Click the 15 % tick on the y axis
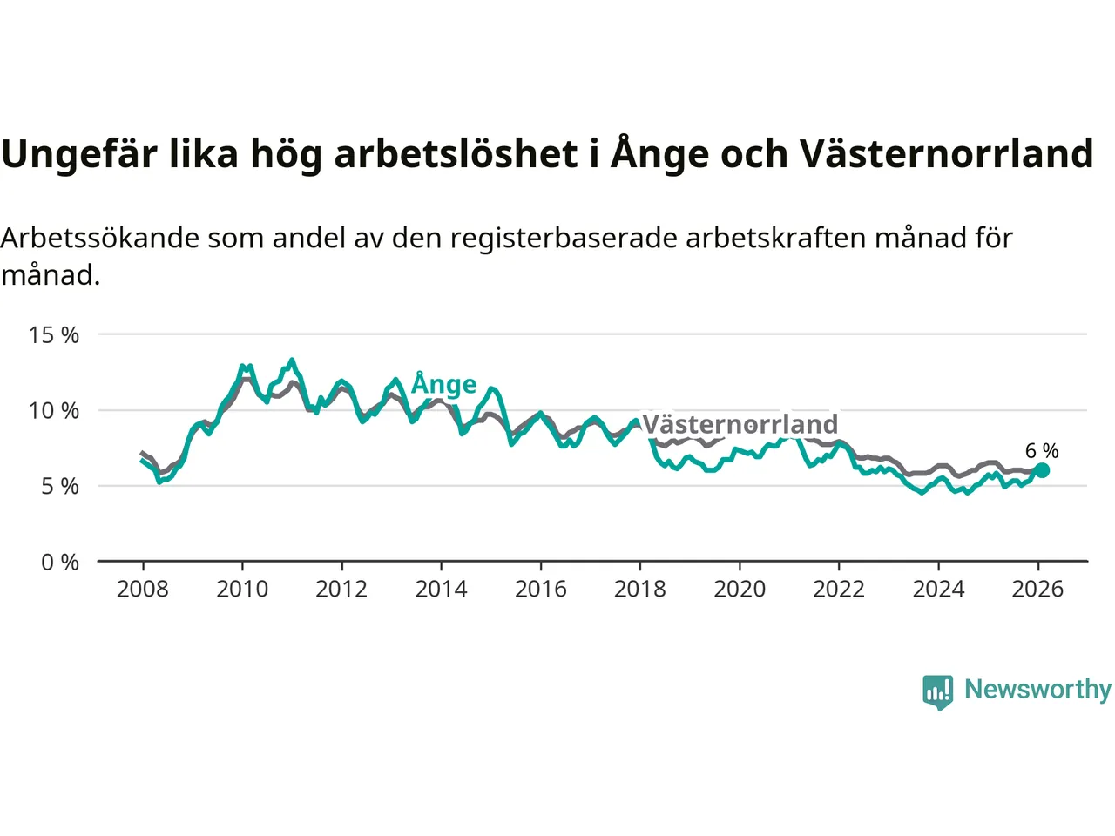click(x=54, y=335)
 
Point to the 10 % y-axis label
click(x=54, y=411)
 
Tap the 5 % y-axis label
click(x=59, y=487)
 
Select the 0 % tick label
click(x=59, y=563)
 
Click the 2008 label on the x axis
click(x=143, y=590)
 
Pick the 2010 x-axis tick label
click(x=242, y=590)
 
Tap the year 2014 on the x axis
click(x=441, y=590)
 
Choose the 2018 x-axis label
click(x=640, y=590)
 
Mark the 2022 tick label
click(x=839, y=590)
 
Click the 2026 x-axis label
click(x=1037, y=590)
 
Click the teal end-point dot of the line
click(x=1042, y=470)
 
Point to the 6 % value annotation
click(x=1042, y=451)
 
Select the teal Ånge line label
click(x=444, y=384)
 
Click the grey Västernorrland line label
click(x=740, y=425)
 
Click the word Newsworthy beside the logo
click(x=1037, y=690)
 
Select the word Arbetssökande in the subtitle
click(x=100, y=239)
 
